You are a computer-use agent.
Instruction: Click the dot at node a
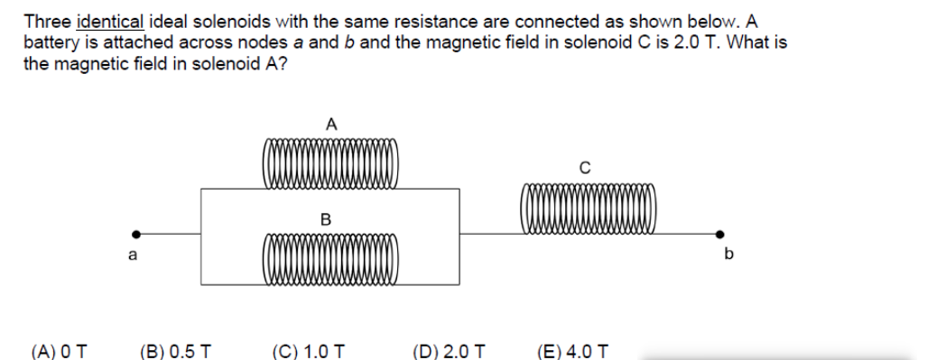pos(136,233)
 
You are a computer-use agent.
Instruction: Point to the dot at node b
pos(719,233)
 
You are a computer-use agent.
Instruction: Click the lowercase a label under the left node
pos(133,255)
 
